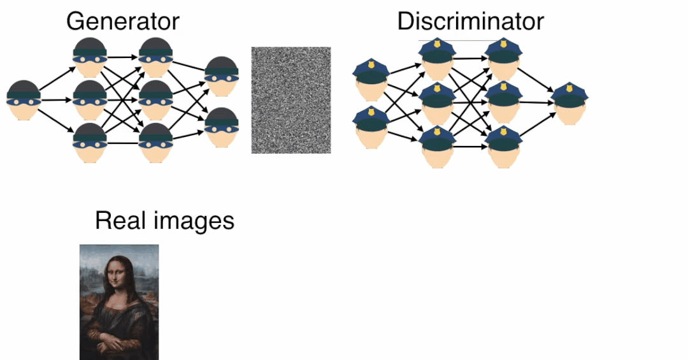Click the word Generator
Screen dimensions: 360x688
[123, 21]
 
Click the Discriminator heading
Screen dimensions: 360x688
[470, 21]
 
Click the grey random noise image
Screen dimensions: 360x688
[291, 100]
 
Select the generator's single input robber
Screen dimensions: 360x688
[24, 100]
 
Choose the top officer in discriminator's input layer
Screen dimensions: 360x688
[370, 79]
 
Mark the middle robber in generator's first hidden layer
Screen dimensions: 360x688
[90, 100]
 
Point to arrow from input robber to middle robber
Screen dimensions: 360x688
[56, 100]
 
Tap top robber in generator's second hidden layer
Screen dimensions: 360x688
[155, 57]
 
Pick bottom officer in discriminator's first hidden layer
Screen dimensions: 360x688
[438, 147]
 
